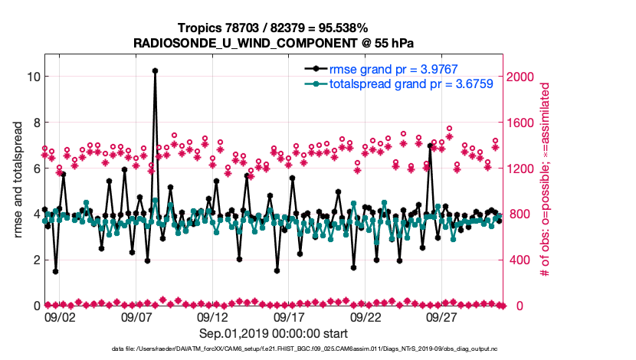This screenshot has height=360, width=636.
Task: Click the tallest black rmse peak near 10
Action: [155, 70]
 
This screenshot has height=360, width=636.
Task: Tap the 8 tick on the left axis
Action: [34, 123]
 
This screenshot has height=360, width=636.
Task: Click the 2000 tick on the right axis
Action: [521, 77]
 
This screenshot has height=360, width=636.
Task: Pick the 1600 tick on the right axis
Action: [521, 123]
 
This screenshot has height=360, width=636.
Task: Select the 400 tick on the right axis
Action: [518, 260]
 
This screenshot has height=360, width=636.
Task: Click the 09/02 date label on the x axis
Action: [60, 317]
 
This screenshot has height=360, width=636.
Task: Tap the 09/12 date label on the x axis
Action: [212, 317]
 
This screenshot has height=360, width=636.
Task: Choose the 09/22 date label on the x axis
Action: [366, 317]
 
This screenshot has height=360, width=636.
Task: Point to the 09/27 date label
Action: [442, 317]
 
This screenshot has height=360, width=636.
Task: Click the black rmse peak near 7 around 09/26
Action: [430, 146]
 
